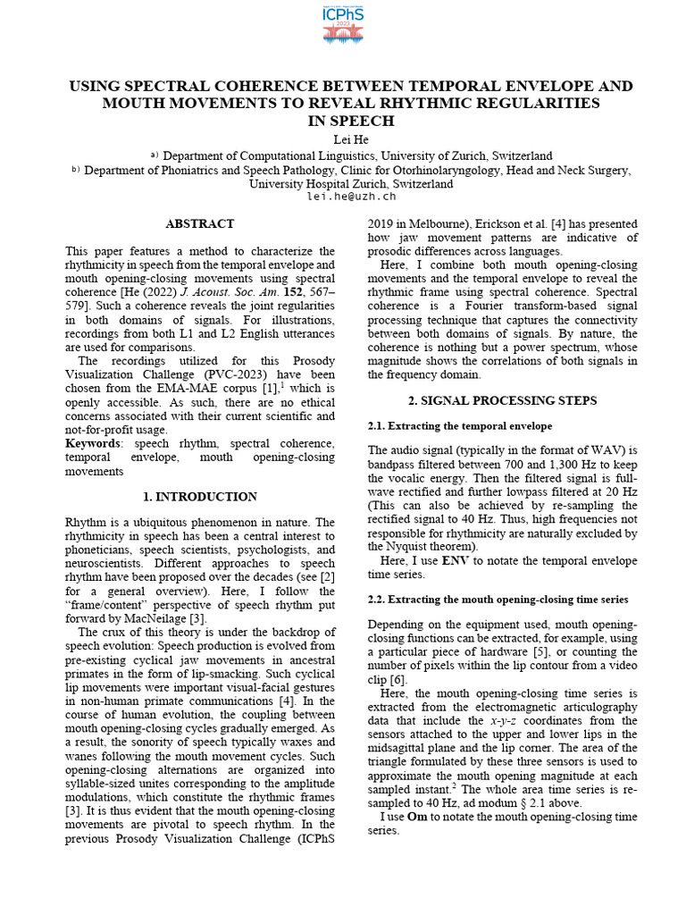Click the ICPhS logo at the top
(343, 24)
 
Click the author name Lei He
(343, 139)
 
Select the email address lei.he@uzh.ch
(343, 197)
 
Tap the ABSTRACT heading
(200, 224)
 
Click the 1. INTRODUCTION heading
(200, 497)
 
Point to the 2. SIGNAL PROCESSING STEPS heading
(503, 400)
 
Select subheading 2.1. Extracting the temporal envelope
(460, 426)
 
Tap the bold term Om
(417, 817)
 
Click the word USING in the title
(97, 86)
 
